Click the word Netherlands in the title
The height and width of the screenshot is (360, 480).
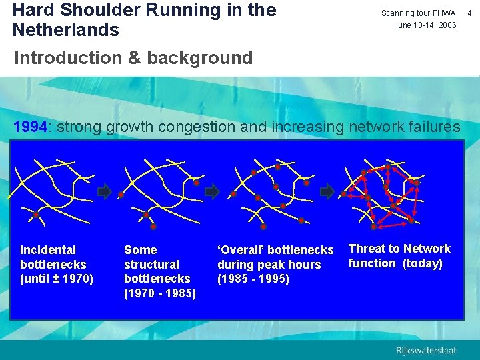66,30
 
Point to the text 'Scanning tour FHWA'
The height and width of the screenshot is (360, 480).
418,13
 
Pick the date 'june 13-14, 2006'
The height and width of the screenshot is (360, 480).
426,25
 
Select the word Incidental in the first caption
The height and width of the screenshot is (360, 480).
48,250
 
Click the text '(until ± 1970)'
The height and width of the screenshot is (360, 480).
57,279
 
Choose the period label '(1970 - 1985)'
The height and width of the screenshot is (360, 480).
160,293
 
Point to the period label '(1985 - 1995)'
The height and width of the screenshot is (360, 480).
253,279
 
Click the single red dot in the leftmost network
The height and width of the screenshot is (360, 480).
36,215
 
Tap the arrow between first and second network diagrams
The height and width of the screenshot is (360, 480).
104,192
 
